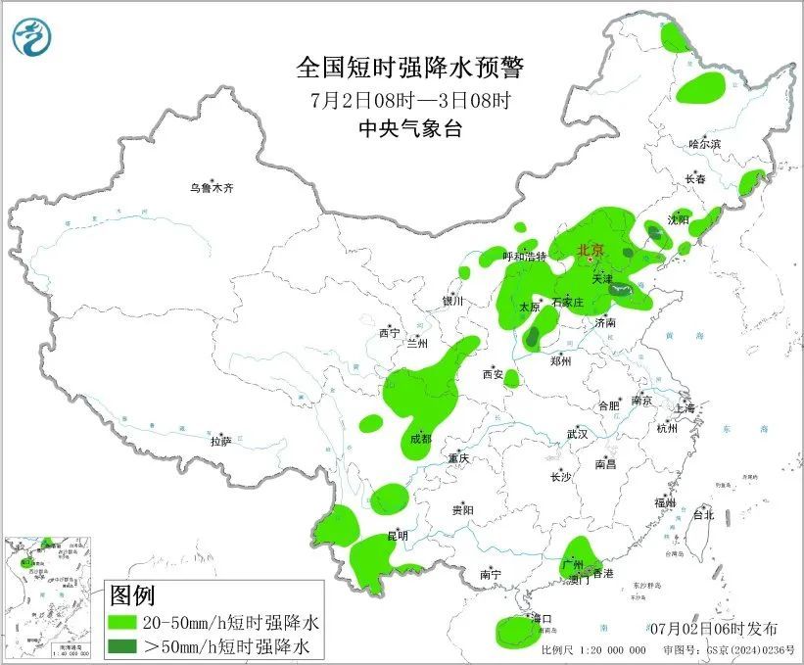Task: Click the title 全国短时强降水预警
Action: (x=410, y=68)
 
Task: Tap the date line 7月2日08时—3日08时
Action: (x=410, y=99)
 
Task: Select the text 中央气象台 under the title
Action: (x=410, y=128)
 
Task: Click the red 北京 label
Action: (x=591, y=250)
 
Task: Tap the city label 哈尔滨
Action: (x=704, y=144)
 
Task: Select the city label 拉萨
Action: (x=220, y=441)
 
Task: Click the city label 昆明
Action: (x=398, y=535)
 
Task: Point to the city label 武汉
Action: (x=577, y=433)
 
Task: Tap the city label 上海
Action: (x=684, y=407)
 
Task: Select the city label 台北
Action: (x=703, y=514)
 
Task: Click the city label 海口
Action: (x=542, y=618)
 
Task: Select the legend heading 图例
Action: (x=131, y=595)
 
